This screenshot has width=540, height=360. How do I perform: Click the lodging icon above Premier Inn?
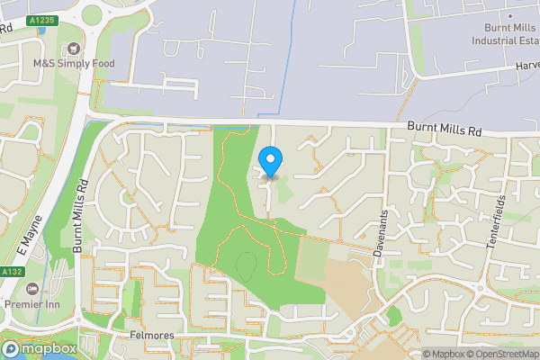pos(33,289)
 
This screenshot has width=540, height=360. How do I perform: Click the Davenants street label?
pos(381,229)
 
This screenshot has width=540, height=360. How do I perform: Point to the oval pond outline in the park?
pos(246,265)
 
